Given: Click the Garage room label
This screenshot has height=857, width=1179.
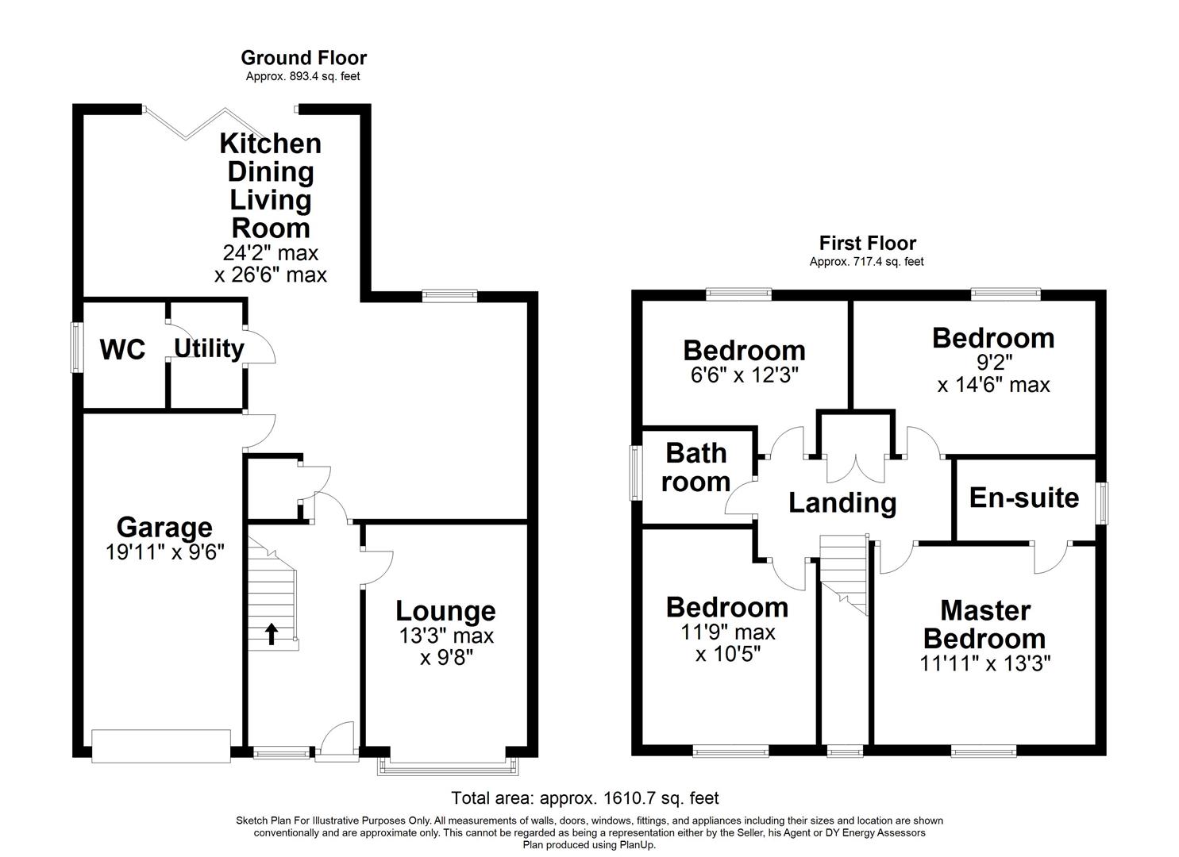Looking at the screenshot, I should coord(164,527).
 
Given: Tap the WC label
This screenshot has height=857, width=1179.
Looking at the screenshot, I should coord(122,349).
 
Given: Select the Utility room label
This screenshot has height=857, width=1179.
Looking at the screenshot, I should coord(209,348).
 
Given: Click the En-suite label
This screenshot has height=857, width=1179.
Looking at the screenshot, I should coord(1024,498).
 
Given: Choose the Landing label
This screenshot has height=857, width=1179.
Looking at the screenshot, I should coord(842,502).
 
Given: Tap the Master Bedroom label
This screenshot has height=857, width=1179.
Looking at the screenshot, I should coord(984,624).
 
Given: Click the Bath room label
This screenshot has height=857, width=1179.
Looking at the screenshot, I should coord(696,467).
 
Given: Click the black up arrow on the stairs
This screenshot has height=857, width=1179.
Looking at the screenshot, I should coord(271,633).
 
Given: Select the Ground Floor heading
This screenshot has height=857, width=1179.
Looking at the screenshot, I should coord(303,58).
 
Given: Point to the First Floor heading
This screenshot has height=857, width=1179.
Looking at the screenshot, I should coord(867,244).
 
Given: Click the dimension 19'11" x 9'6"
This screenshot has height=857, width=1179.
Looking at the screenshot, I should coord(165,552).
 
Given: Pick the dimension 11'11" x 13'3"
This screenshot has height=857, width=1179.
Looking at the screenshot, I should coord(984,663).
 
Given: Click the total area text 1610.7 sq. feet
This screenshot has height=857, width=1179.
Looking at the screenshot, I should coord(585,797).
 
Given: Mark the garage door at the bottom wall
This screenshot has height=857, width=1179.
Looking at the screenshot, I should coord(161,746).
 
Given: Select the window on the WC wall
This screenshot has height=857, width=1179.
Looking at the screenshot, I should coord(77,347).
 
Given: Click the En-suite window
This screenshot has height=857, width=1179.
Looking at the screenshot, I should coord(1102,503).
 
